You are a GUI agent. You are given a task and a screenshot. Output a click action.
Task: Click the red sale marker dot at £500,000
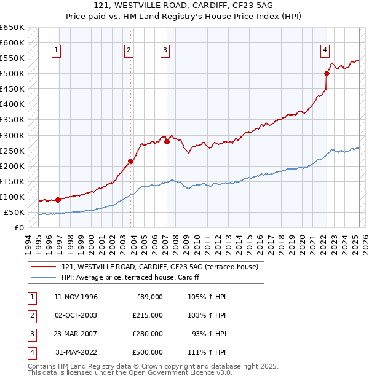(x=327, y=73)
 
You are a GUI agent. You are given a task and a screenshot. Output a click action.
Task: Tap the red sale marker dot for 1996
(x=58, y=200)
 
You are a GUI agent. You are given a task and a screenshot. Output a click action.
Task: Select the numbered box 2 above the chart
(x=129, y=51)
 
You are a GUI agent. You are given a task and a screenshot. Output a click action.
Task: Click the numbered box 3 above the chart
(x=165, y=51)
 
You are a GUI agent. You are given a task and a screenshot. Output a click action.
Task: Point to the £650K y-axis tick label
(x=12, y=28)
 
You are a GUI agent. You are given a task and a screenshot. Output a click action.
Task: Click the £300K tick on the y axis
(x=12, y=135)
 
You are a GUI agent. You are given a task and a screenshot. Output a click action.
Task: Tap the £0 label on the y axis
(x=19, y=227)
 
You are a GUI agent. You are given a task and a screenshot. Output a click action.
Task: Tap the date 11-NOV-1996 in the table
(x=76, y=297)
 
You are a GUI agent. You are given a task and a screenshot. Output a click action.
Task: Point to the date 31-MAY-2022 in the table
(x=76, y=352)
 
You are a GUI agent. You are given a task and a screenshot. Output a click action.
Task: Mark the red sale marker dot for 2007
(x=167, y=141)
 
